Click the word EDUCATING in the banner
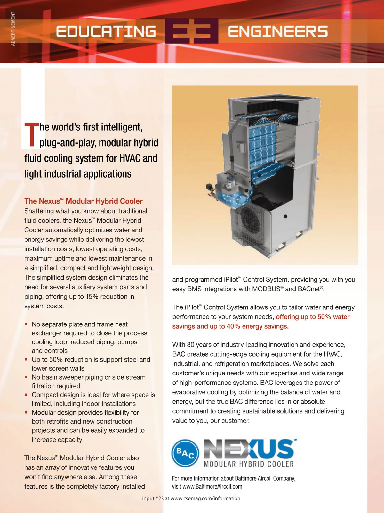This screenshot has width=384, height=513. point(106,31)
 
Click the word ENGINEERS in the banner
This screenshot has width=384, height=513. point(277,31)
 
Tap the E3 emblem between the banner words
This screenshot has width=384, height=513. point(192,31)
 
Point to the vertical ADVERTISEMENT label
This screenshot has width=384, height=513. point(13,29)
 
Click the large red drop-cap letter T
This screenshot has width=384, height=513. point(31,135)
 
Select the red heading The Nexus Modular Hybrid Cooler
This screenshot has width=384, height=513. point(83,201)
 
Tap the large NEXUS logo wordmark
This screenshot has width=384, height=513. point(249,449)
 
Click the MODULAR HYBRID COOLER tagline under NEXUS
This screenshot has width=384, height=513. point(249,464)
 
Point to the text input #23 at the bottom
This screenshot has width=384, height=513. point(153,498)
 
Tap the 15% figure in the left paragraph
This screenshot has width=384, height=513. point(92,296)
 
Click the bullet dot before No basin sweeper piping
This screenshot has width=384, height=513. point(26,377)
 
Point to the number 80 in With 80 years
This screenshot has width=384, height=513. point(191,344)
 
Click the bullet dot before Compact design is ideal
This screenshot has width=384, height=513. point(26,395)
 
